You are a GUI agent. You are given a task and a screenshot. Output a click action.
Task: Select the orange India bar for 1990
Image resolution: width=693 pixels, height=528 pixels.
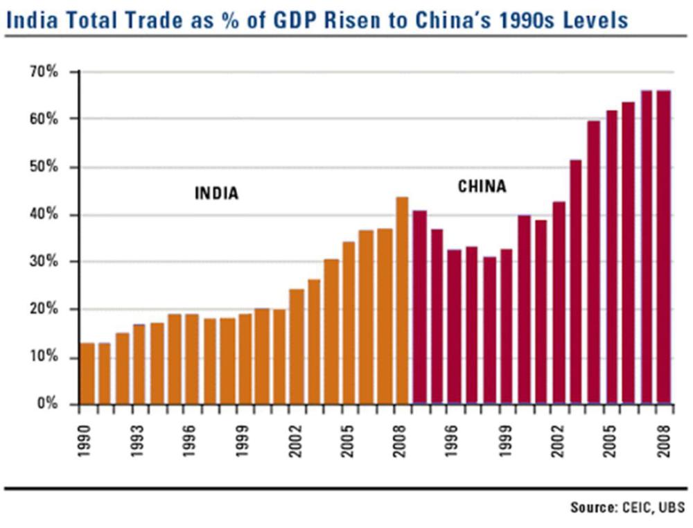(87, 373)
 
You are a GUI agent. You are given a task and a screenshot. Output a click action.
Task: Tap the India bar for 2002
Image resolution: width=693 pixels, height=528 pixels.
(297, 346)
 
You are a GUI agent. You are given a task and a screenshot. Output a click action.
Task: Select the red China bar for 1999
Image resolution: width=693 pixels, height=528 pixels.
(507, 326)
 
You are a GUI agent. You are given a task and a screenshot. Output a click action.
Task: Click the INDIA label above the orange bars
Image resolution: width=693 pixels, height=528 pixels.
(216, 193)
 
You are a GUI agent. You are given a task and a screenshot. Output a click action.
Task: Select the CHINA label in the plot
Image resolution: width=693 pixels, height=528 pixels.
(482, 186)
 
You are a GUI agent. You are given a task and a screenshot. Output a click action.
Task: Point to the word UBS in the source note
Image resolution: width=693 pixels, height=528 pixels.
(670, 509)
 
